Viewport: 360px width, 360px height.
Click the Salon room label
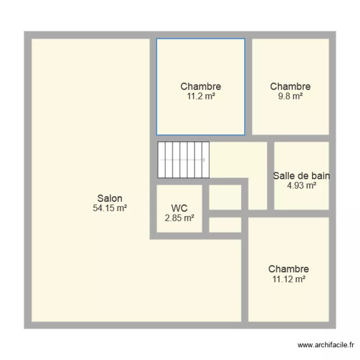[109, 198]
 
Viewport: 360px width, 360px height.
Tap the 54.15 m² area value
[109, 208]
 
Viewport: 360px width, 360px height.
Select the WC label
[179, 208]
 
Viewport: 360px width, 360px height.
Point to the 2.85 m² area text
[179, 218]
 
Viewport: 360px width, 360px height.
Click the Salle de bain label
[301, 176]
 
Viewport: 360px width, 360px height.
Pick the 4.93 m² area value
[301, 185]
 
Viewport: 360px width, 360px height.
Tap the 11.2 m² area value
[201, 96]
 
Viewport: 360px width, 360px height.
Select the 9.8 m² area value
[290, 96]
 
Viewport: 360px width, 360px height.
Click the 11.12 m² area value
[288, 278]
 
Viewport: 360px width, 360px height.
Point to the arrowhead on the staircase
[205, 160]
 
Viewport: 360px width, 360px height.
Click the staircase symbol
[183, 160]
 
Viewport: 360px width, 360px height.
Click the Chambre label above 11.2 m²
[201, 87]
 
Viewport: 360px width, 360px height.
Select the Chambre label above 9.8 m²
[290, 87]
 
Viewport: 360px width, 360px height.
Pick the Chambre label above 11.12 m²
[288, 269]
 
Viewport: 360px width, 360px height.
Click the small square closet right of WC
[225, 197]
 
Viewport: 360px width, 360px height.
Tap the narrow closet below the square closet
[225, 225]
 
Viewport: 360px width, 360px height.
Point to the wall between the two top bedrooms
[249, 86]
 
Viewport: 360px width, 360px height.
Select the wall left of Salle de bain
[271, 175]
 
